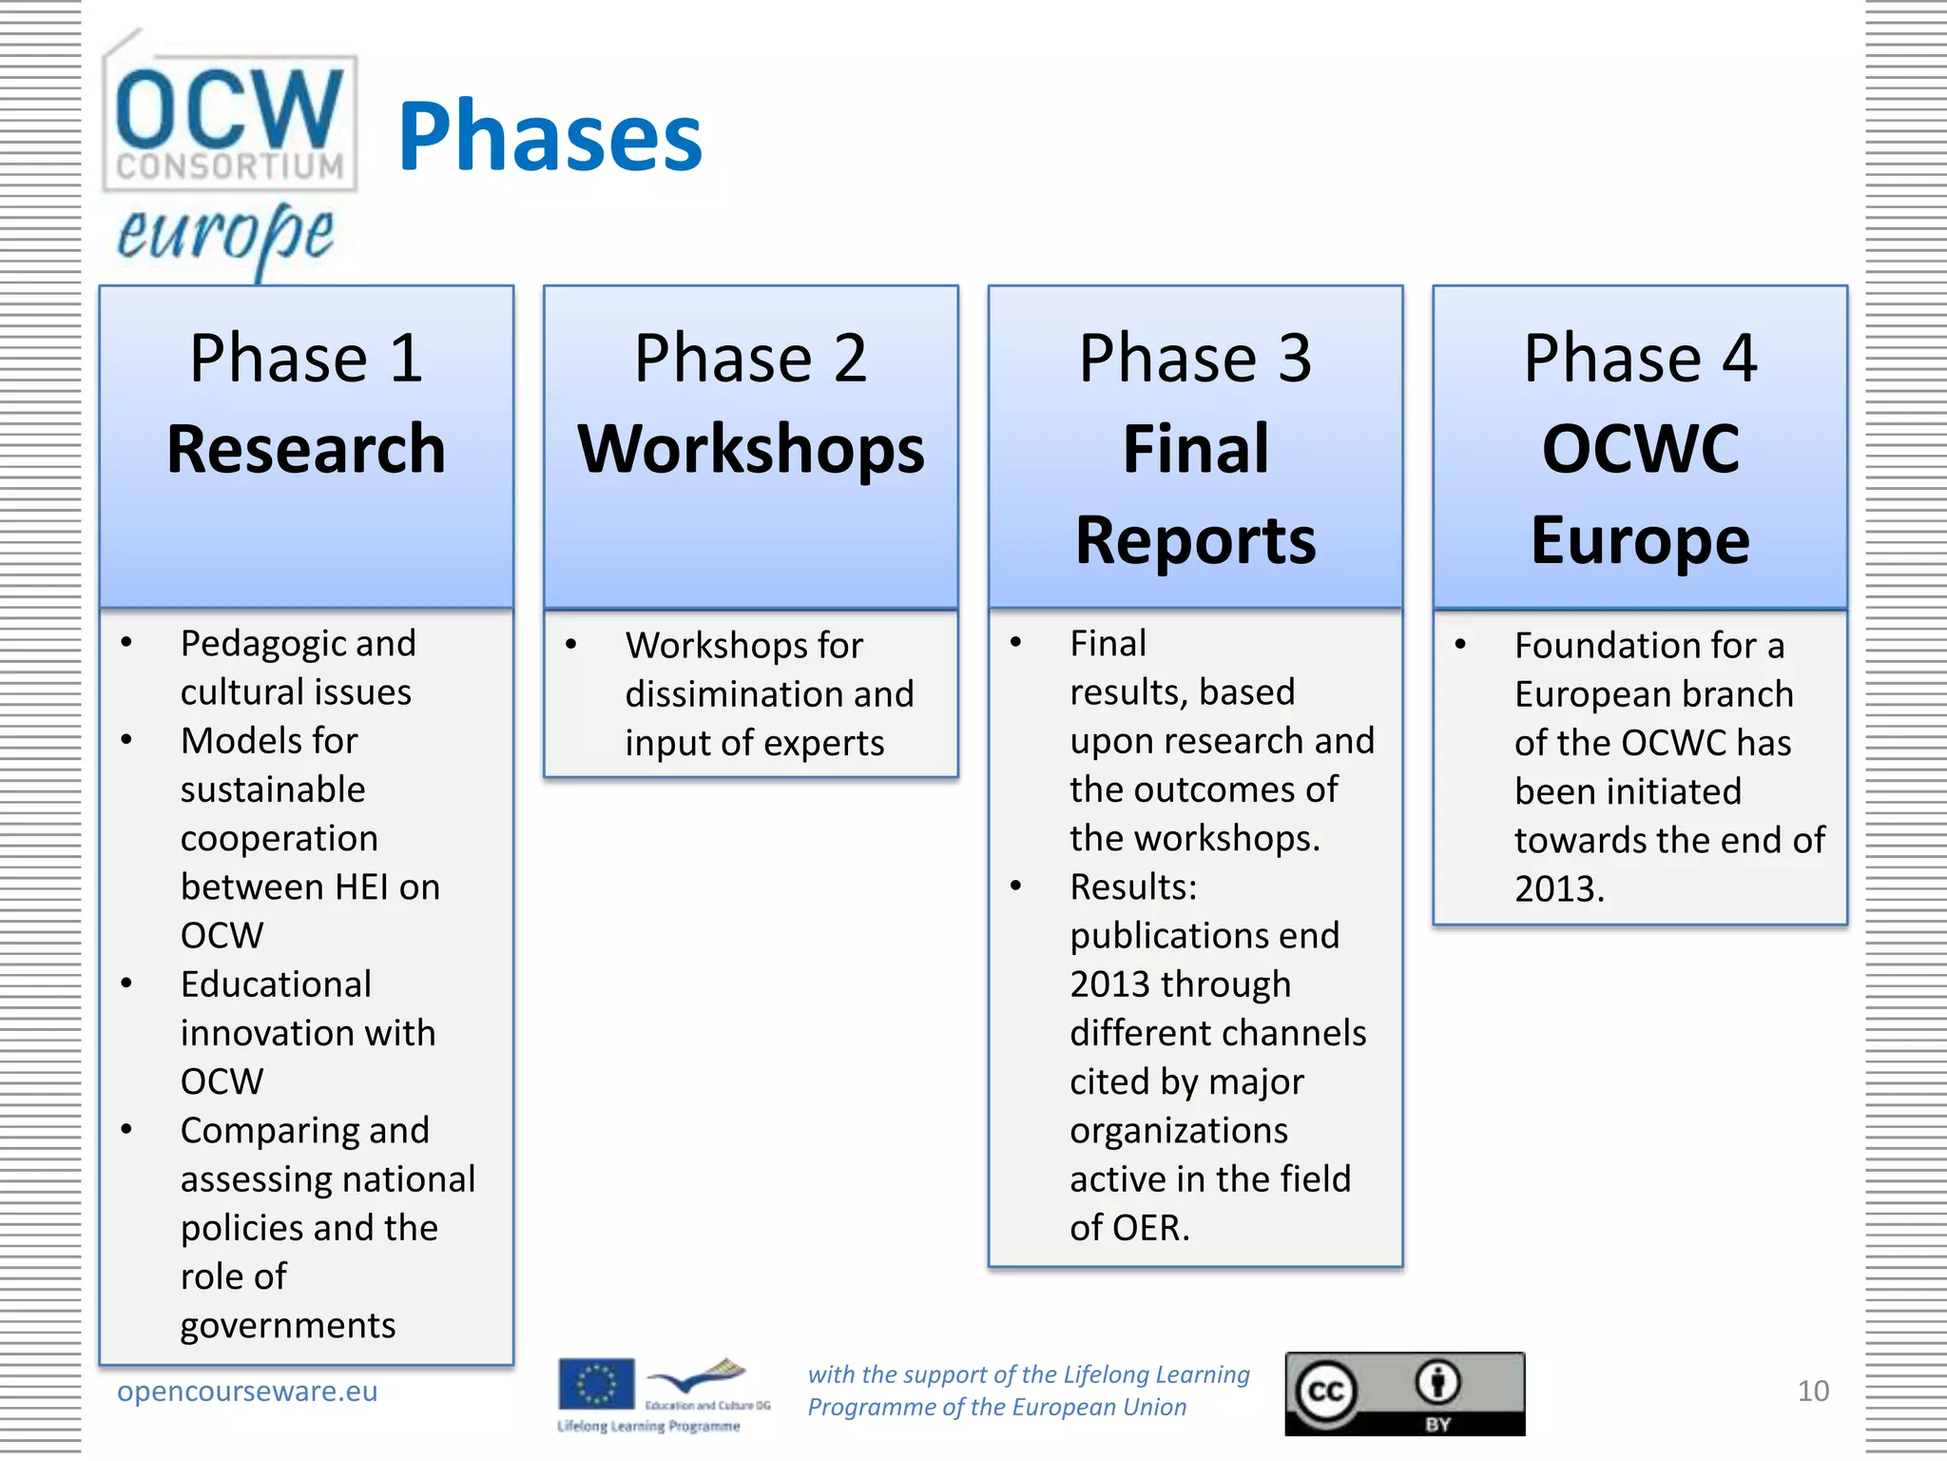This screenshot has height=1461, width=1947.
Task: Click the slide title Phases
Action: pos(549,138)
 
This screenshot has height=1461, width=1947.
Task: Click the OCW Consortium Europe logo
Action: pos(229,152)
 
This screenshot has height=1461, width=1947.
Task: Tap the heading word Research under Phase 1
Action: pos(306,449)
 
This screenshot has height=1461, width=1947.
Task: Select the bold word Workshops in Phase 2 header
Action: pos(751,449)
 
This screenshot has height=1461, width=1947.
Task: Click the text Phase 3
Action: pos(1195,359)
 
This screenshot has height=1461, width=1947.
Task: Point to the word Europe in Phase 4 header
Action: pos(1640,539)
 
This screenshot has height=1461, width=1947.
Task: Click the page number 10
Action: pos(1812,1391)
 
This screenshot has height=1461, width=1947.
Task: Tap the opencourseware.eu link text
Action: pos(247,1391)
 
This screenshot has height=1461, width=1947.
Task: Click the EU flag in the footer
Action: pos(596,1383)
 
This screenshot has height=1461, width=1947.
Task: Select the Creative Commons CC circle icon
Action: pos(1326,1392)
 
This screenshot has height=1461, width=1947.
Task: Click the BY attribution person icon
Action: pos(1437,1383)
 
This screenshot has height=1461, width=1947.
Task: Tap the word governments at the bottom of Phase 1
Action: pos(288,1325)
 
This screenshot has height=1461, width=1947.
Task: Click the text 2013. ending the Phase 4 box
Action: pos(1559,889)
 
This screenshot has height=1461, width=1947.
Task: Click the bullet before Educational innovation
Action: pos(126,984)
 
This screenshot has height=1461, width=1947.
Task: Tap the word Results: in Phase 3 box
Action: pos(1133,887)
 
